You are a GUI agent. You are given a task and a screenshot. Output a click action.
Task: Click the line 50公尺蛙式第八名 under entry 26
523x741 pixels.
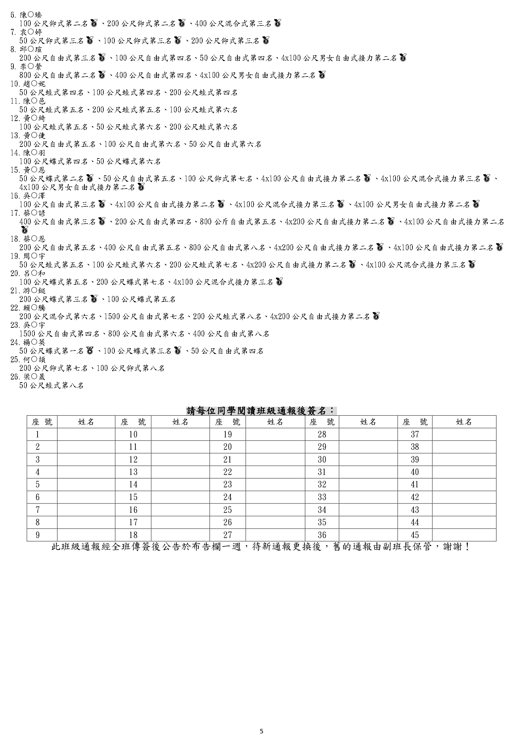52,385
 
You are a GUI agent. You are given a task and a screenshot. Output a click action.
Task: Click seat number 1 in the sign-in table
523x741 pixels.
38,434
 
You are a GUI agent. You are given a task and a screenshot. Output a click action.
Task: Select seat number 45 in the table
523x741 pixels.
415,535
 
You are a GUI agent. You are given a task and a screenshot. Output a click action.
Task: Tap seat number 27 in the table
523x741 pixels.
227,535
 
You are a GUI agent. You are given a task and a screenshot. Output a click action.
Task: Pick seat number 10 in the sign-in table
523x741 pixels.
133,434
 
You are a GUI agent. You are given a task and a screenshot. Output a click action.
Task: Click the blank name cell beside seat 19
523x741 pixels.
275,434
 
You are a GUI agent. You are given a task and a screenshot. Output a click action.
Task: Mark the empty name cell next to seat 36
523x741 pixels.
368,535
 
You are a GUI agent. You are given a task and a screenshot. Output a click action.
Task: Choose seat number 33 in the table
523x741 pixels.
322,497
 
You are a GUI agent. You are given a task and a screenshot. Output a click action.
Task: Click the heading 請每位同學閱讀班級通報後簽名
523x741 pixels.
261,410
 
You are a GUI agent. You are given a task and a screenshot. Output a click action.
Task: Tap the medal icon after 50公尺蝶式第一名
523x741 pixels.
90,351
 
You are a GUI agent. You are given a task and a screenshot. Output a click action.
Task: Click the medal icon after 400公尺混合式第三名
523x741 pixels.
278,23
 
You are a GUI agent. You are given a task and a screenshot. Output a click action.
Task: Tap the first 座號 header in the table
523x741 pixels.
42,422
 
